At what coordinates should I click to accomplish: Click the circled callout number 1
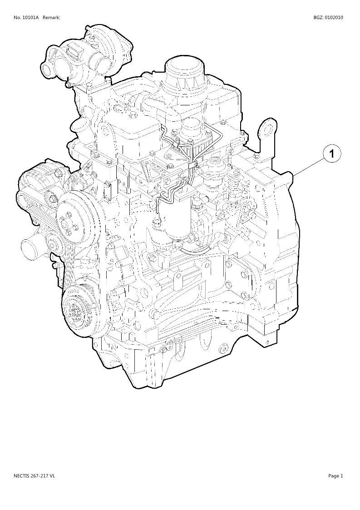(x=331, y=153)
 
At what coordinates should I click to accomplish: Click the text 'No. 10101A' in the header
(x=26, y=18)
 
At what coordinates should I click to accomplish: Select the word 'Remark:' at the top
(x=51, y=18)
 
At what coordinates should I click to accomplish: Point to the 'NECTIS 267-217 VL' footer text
(x=35, y=476)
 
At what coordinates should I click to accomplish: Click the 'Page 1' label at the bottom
(x=335, y=476)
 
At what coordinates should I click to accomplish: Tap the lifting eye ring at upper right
(x=268, y=130)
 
